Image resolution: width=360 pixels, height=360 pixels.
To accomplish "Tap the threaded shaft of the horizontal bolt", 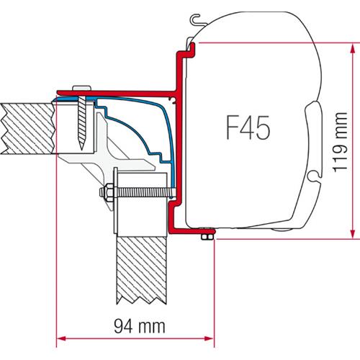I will click(x=140, y=192).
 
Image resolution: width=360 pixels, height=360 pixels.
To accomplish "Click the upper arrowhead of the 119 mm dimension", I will click(x=351, y=46).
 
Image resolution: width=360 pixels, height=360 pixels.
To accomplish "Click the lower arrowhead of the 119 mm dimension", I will click(x=351, y=233).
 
